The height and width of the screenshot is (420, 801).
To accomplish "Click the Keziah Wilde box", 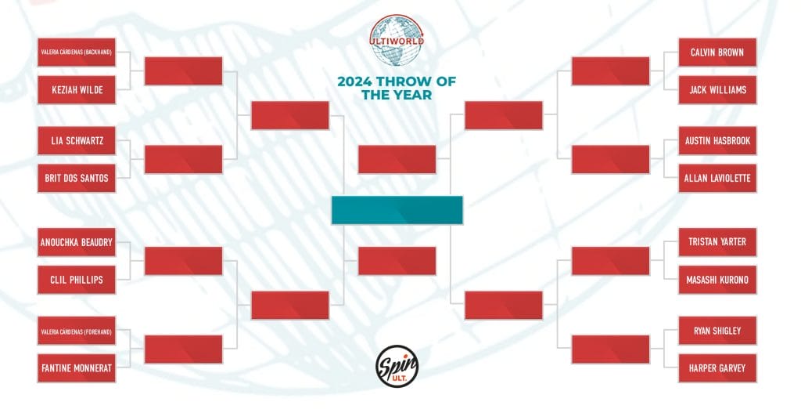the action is click(77, 90).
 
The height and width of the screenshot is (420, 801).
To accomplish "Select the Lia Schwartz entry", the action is click(77, 141).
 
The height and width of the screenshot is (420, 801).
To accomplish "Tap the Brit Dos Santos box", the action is click(77, 179).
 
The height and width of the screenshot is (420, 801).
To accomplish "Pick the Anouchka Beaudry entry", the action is click(77, 242).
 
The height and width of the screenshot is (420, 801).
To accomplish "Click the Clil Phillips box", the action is click(77, 280).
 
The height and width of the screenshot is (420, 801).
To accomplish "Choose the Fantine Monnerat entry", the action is click(77, 368).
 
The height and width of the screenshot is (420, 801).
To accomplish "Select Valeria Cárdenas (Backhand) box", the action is click(77, 52).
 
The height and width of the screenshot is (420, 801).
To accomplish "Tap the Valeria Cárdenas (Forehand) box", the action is click(77, 331).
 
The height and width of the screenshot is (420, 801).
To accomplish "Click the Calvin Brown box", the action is click(717, 52).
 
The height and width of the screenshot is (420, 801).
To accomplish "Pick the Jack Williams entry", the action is click(717, 90).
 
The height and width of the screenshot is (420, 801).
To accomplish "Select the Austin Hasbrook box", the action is click(717, 141).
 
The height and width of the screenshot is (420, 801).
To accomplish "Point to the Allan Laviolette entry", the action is click(717, 179).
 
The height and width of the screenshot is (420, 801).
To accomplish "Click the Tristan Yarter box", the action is click(717, 242).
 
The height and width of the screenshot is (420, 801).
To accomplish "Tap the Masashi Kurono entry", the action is click(717, 280).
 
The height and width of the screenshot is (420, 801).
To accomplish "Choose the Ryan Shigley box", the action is click(717, 331).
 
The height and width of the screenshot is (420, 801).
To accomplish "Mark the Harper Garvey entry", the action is click(717, 368).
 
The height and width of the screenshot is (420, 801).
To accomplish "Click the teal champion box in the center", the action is click(397, 210).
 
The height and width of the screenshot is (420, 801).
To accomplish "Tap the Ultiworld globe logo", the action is click(397, 41).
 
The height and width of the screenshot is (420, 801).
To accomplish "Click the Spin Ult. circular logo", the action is click(397, 366).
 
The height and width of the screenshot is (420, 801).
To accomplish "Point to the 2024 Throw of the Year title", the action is click(397, 88).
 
